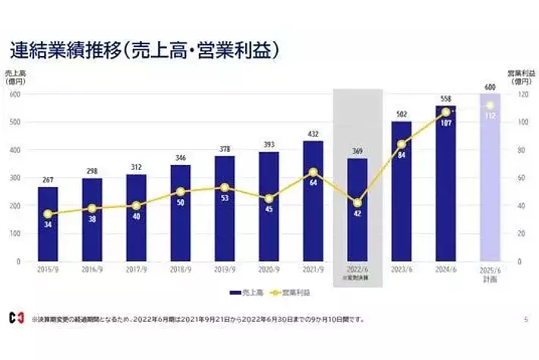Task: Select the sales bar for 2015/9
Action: (48, 223)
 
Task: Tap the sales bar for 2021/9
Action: (314, 201)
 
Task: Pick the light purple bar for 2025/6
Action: (490, 178)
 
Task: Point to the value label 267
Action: (48, 180)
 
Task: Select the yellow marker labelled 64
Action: (314, 172)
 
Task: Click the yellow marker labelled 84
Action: (402, 144)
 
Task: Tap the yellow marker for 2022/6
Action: (358, 203)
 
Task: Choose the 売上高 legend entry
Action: (245, 291)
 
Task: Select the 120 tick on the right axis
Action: (523, 94)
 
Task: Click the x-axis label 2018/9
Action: (181, 270)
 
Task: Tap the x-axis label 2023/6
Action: (402, 270)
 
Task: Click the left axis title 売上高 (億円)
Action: (15, 76)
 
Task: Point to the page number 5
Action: (525, 320)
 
